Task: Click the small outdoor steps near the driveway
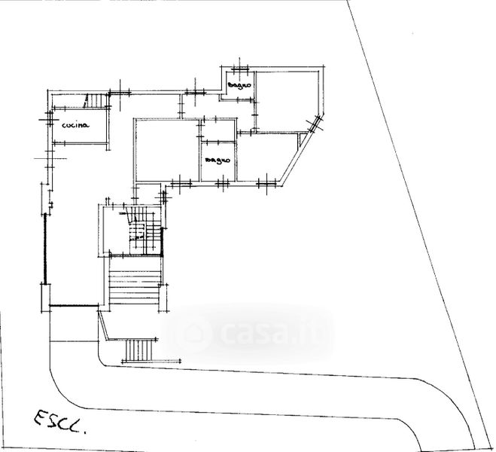[x=138, y=350]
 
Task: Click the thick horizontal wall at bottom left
[x=73, y=305]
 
